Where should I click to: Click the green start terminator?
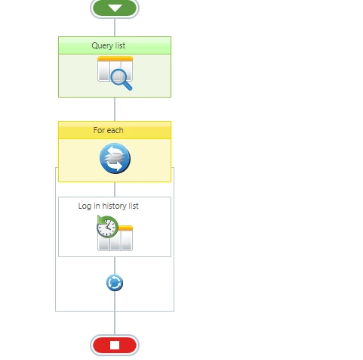tap(115, 8)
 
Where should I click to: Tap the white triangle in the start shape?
tap(115, 8)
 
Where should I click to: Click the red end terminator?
tap(115, 345)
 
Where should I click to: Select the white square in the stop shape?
tap(115, 346)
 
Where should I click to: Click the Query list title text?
tap(109, 45)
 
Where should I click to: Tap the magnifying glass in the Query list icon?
tap(121, 79)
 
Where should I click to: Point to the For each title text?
tap(109, 130)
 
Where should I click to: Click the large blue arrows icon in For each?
tap(115, 158)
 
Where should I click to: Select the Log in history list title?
tap(109, 206)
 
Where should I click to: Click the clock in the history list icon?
tap(107, 227)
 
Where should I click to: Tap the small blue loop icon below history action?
tap(115, 283)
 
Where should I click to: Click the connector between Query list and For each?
tap(115, 109)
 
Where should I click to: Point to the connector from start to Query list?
tap(115, 27)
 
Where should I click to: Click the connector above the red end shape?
tap(115, 313)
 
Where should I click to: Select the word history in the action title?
tap(115, 206)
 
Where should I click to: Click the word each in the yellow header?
tap(115, 130)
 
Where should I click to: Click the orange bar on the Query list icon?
tap(115, 59)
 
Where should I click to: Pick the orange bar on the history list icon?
tap(125, 228)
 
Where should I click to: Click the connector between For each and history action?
tap(115, 189)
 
